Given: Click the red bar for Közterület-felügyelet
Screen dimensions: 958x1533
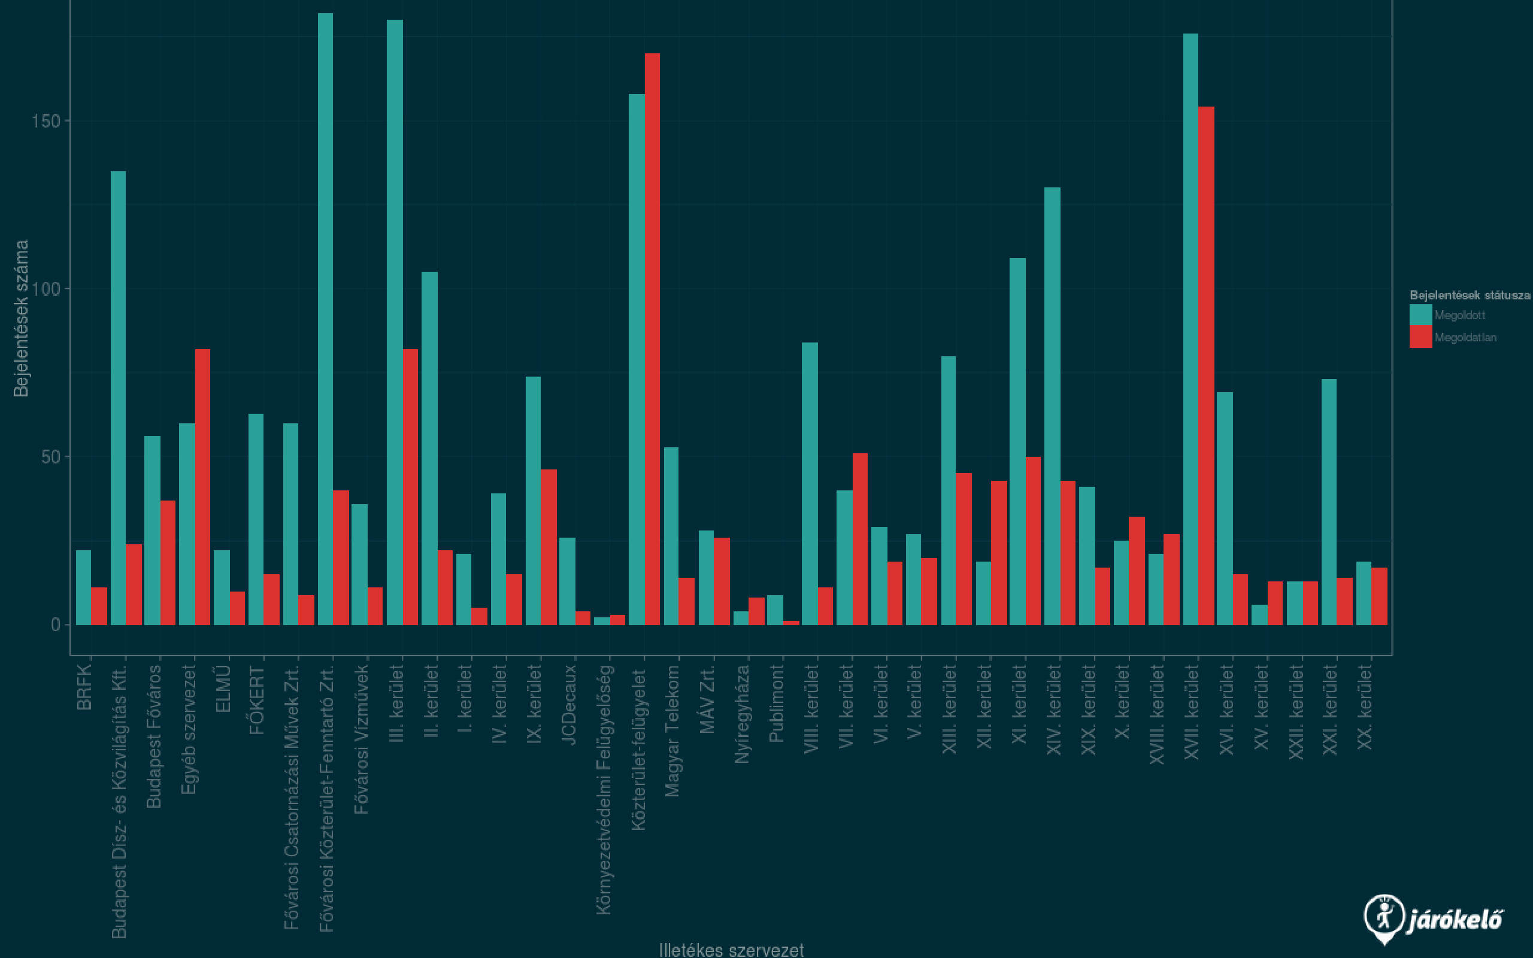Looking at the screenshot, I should [652, 339].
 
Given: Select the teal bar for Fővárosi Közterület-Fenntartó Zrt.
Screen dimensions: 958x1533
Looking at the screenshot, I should [325, 319].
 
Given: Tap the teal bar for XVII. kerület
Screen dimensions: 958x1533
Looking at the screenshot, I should [1190, 329].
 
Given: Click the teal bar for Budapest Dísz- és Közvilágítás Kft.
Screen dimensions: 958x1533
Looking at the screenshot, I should [118, 398].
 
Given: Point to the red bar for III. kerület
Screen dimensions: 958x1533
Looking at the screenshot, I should [410, 487].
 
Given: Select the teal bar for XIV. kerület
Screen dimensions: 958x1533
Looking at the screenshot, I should [1052, 406].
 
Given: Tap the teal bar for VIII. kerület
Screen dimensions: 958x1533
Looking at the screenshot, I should [810, 483].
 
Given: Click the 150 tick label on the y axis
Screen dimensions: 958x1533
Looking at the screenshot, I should [46, 121].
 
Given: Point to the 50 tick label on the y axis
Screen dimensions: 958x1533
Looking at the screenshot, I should [51, 457].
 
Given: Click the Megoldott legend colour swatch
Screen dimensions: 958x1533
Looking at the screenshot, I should [1420, 315].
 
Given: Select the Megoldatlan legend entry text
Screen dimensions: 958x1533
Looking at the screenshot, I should [1465, 338].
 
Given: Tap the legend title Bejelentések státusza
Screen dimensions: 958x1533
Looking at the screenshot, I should [1469, 295].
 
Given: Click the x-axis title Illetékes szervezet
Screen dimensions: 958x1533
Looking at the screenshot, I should [731, 950].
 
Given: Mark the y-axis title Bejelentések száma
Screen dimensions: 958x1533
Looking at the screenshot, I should [22, 318].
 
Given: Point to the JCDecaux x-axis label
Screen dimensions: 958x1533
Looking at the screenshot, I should [568, 704].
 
